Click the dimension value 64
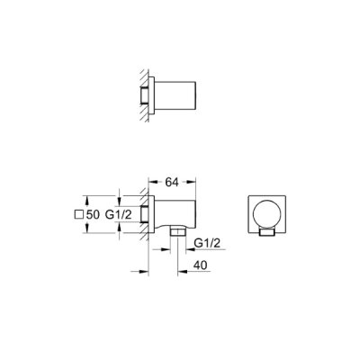coord(171,178)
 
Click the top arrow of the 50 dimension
coord(86,197)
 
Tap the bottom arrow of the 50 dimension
coord(86,230)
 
